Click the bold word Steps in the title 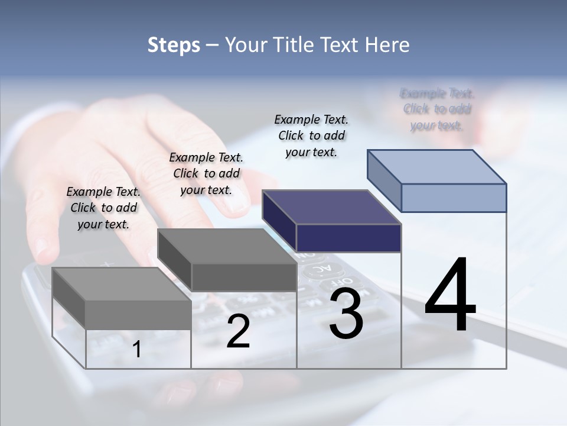coord(174,45)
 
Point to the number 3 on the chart coord(346,314)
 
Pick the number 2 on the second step coord(238,332)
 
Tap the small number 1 coord(137,350)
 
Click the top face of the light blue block coord(437,167)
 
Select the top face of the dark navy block coord(332,207)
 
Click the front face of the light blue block coord(454,198)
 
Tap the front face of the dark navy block coord(348,238)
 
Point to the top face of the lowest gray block coord(122,284)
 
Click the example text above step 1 coord(103,208)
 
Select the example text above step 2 coord(206,173)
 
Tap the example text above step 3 coord(311,135)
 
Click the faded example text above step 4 coord(437,109)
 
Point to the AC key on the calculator coord(317,269)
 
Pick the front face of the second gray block coord(243,277)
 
